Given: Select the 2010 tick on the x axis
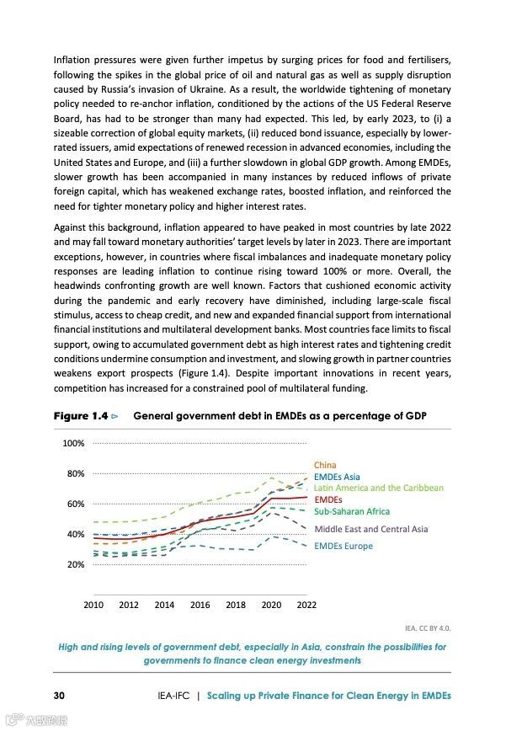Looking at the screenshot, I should point(93,605).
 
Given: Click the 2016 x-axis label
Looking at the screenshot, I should point(200,605).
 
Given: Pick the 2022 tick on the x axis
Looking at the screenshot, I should point(306,605).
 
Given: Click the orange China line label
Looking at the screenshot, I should point(325,465).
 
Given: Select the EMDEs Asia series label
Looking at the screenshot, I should point(337,477).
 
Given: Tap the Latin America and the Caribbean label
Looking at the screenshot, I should point(378,488).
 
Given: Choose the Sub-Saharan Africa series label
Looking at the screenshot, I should point(352,511).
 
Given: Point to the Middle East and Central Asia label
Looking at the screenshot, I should point(370,529).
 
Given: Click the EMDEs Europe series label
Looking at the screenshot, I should point(343,547).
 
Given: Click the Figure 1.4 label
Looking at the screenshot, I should point(80,416).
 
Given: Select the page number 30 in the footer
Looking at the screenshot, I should point(60,696).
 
